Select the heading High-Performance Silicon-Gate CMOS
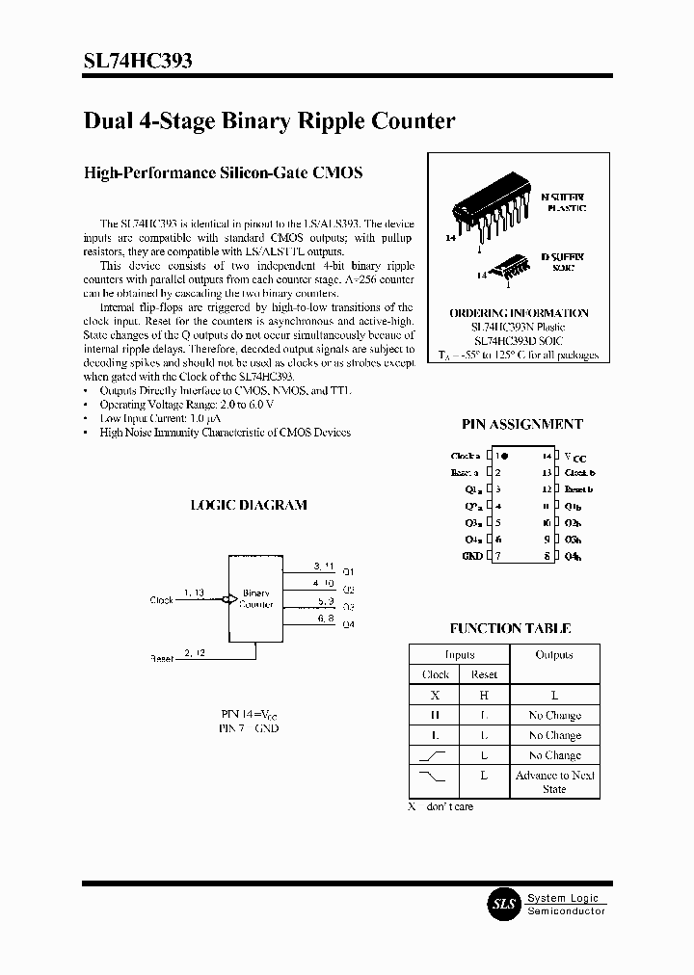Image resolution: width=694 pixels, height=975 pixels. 224,173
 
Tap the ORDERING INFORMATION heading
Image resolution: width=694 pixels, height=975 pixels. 519,313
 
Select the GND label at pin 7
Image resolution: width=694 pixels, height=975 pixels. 471,557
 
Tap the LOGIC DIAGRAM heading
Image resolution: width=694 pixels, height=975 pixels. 249,505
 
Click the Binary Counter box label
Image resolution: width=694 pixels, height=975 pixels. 256,599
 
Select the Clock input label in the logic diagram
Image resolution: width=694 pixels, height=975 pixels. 161,600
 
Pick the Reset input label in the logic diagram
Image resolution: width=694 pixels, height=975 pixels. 161,659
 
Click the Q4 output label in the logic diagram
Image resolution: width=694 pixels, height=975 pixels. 348,625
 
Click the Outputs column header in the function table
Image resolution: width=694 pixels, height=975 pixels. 553,655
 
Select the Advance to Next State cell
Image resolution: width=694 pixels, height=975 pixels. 554,782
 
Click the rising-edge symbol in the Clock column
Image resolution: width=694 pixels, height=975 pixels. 435,755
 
